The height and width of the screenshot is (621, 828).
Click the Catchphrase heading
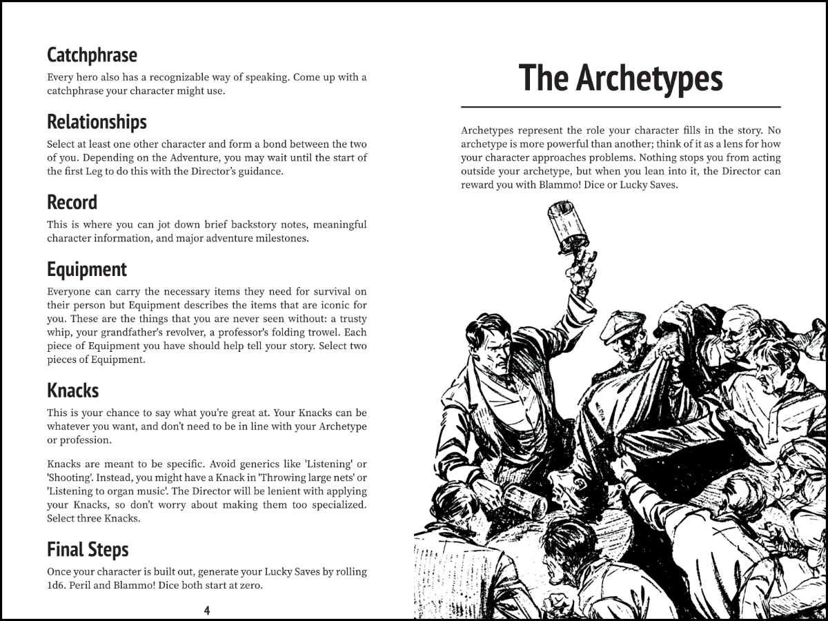click(x=92, y=55)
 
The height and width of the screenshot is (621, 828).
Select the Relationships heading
click(x=97, y=121)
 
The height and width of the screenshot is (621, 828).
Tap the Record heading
click(x=72, y=202)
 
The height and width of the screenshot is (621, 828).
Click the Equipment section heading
click(x=87, y=269)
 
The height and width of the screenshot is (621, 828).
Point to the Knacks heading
click(x=72, y=391)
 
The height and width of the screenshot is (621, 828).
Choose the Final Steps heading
click(x=88, y=549)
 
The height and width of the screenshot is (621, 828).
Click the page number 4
click(x=206, y=610)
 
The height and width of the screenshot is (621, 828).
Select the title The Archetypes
click(x=620, y=77)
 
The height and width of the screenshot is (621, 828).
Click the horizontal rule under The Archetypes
click(x=620, y=108)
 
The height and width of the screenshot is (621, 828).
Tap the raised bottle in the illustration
click(x=567, y=224)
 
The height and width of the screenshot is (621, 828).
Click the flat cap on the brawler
click(x=622, y=325)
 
